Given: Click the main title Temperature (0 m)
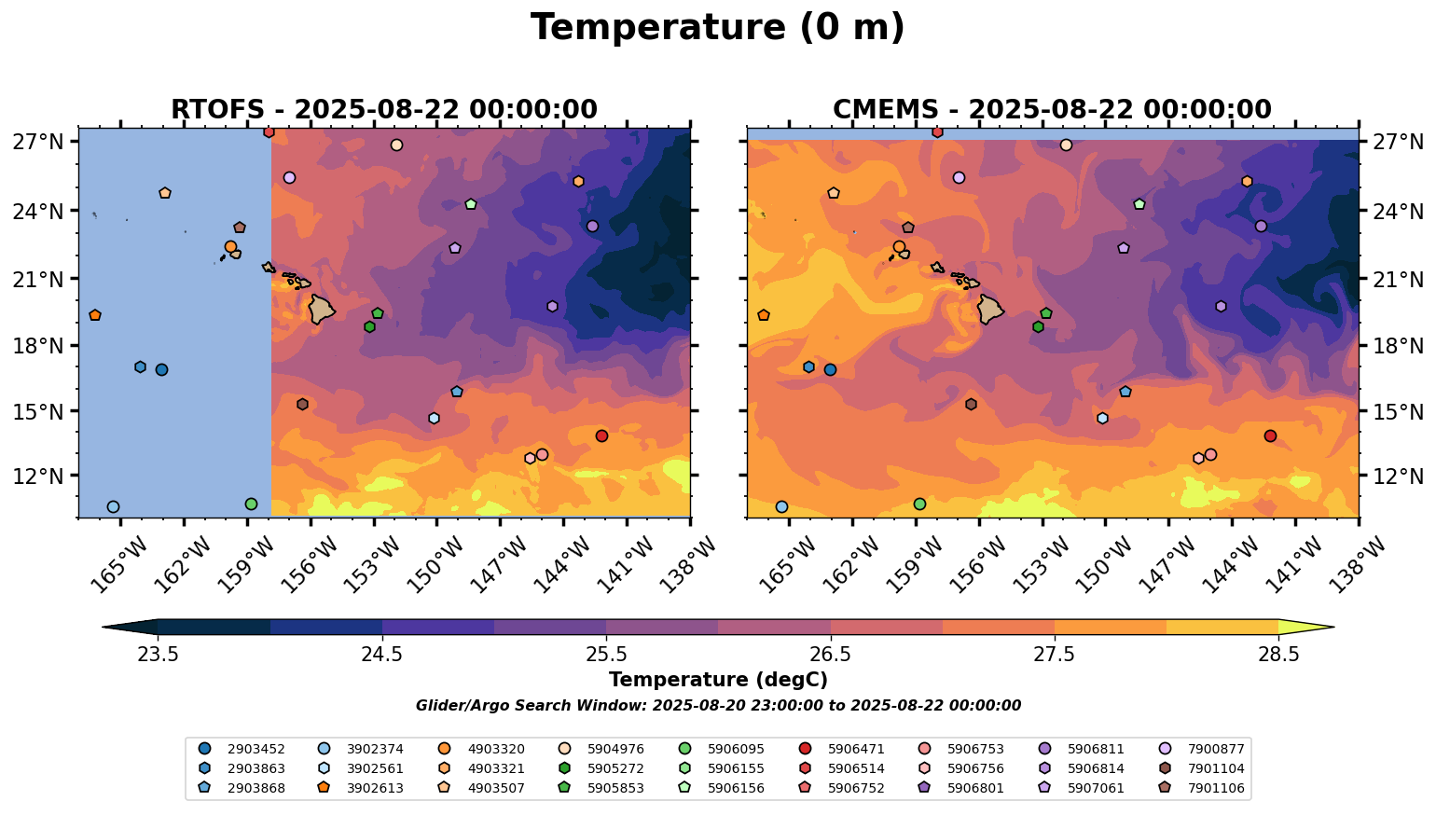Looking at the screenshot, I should [717, 27].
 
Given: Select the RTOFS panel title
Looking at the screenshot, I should [383, 110].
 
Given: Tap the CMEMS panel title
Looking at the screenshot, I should [1052, 110].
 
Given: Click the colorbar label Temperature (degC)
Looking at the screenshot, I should [717, 680].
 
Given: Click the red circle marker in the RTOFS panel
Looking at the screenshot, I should [601, 435].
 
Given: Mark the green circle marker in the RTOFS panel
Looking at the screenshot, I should [251, 504].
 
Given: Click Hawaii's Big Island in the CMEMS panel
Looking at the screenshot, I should [990, 308].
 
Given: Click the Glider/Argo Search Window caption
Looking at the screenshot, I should [717, 706].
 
